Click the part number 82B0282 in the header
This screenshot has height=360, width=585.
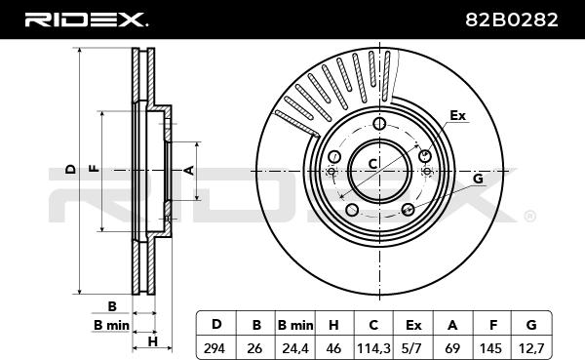pyautogui.click(x=512, y=20)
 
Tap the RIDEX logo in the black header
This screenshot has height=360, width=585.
pyautogui.click(x=86, y=20)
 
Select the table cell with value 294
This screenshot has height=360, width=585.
pyautogui.click(x=214, y=348)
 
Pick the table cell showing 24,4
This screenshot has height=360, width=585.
pyautogui.click(x=295, y=348)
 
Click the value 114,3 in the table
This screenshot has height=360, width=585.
pyautogui.click(x=373, y=348)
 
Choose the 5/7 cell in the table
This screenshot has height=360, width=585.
pyautogui.click(x=413, y=348)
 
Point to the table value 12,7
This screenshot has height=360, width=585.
pyautogui.click(x=531, y=348)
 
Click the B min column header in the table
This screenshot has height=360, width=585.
pyautogui.click(x=295, y=325)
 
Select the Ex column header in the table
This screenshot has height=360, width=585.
pyautogui.click(x=413, y=325)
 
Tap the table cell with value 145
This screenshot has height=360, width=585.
pyautogui.click(x=492, y=348)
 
